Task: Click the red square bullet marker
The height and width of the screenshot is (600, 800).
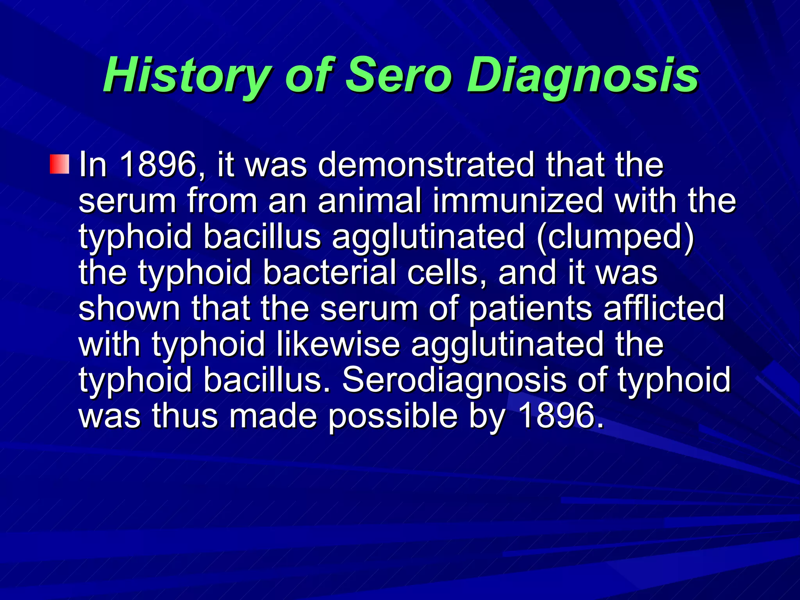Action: click(59, 164)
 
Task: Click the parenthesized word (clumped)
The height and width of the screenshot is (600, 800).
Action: click(615, 236)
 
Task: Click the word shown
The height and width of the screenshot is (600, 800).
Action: click(129, 308)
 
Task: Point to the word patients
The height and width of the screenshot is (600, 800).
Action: click(530, 308)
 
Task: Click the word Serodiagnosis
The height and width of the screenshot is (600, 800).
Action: click(454, 380)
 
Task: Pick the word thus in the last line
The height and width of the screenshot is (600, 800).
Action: click(184, 416)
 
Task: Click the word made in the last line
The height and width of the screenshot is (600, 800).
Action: click(273, 416)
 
